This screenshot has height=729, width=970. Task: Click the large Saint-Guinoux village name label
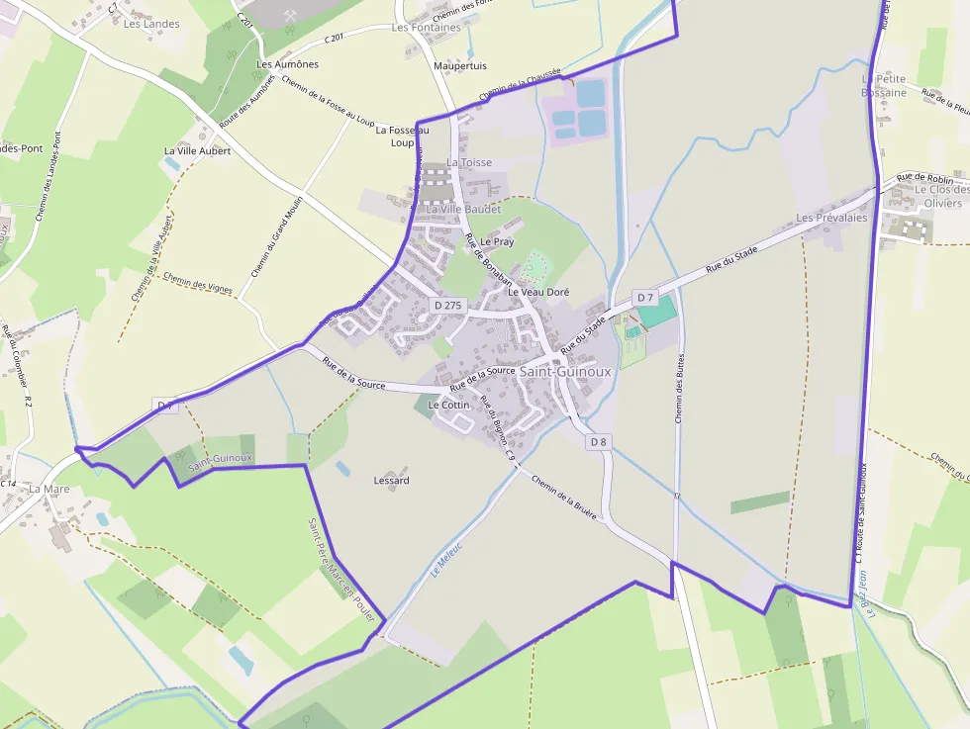point(565,372)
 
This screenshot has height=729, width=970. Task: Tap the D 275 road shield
point(447,306)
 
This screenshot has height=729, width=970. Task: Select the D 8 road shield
point(597,442)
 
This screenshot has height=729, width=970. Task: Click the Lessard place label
point(391,481)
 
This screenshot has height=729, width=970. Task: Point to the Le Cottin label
point(448,406)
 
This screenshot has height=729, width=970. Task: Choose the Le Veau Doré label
point(538,293)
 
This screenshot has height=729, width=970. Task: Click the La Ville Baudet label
point(463,210)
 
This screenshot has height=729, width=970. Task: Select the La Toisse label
point(469,162)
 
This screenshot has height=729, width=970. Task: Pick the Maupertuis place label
point(460,66)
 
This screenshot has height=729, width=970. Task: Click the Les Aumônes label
point(287,64)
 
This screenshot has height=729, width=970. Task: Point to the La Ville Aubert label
point(197,151)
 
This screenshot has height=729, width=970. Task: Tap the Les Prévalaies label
point(831,218)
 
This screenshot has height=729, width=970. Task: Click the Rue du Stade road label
point(731,260)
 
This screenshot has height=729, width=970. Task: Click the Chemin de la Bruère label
point(563,496)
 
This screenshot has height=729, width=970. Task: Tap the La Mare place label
point(49,489)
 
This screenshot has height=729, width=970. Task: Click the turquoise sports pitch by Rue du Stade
point(656,312)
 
